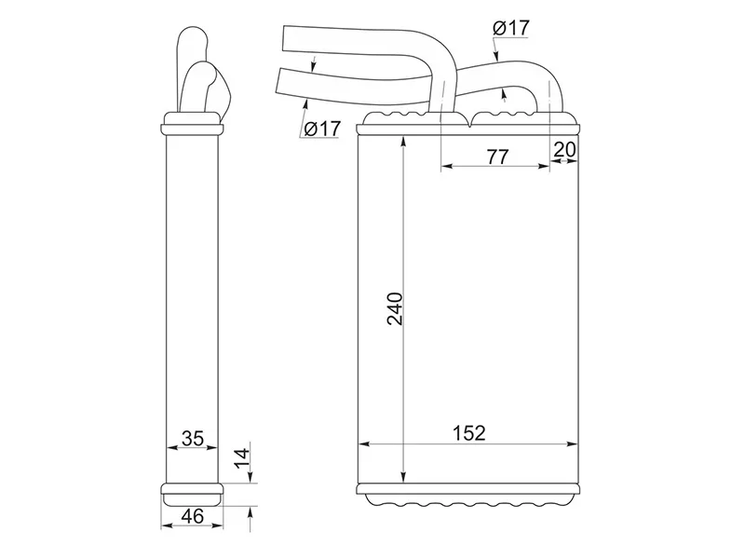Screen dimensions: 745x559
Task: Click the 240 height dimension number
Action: [395, 309]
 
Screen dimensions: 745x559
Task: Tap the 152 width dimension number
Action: [469, 433]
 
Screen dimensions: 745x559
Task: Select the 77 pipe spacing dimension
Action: [497, 157]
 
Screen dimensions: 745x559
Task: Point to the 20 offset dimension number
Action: [565, 149]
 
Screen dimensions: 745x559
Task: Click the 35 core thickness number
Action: [193, 438]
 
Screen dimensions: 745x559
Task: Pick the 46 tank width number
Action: [193, 516]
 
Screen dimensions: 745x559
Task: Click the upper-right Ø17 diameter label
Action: [510, 29]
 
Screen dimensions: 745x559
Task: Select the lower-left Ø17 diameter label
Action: [322, 129]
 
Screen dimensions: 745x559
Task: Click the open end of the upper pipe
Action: [284, 37]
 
